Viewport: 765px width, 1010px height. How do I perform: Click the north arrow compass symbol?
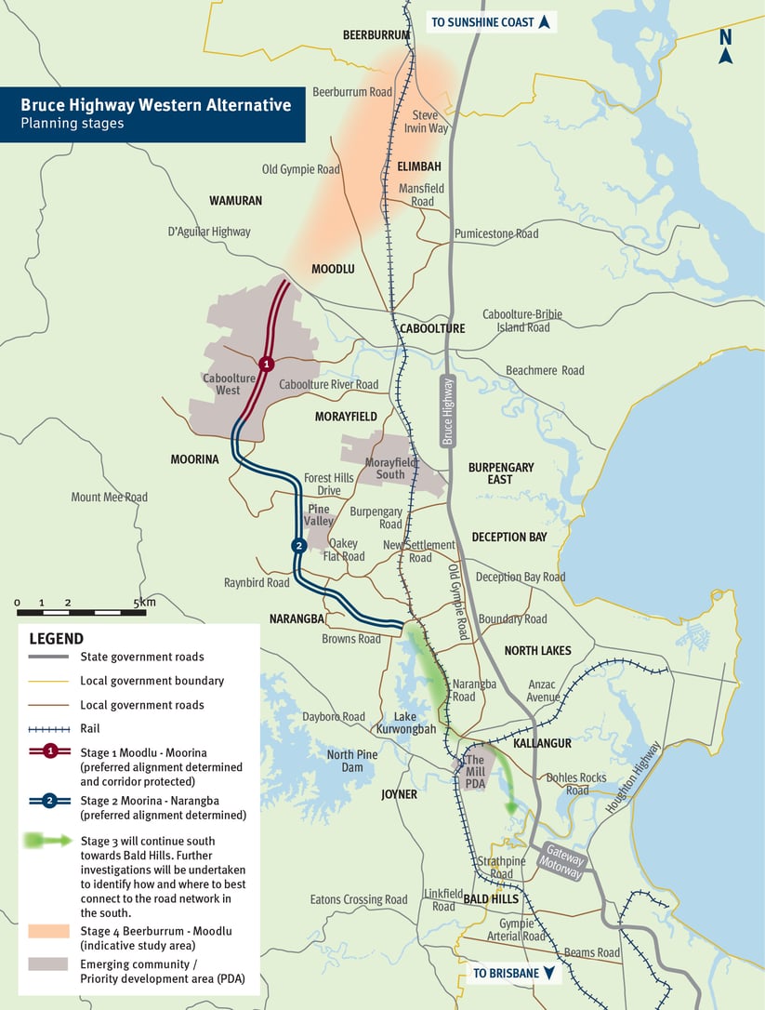(x=725, y=46)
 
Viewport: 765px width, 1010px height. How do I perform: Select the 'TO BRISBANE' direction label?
(x=515, y=974)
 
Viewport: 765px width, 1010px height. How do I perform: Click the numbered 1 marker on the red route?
(x=267, y=364)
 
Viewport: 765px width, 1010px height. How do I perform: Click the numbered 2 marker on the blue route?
(x=298, y=546)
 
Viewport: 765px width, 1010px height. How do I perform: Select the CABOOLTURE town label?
(x=431, y=328)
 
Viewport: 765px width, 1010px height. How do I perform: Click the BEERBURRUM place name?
(x=376, y=35)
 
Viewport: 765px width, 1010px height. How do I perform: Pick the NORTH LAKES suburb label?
(x=537, y=650)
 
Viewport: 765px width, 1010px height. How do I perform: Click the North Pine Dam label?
(x=352, y=761)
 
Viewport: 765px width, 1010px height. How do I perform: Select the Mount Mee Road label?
(x=109, y=498)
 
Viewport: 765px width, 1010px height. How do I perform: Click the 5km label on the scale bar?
(x=144, y=604)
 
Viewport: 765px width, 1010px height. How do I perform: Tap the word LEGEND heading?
(x=56, y=639)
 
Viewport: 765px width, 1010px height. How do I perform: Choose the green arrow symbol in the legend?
(x=48, y=840)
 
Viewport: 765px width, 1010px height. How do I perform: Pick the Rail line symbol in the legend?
(x=48, y=729)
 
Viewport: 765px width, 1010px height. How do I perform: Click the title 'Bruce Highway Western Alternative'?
(x=155, y=105)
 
